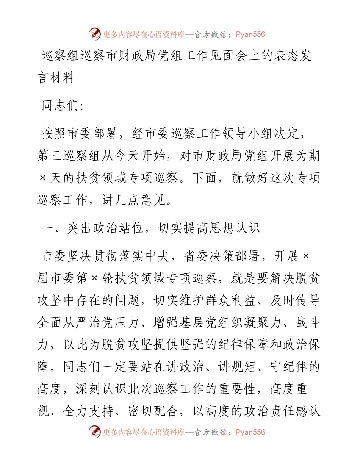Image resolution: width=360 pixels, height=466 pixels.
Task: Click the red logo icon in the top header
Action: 95,34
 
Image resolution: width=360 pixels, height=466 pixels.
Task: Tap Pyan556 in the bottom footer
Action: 250,432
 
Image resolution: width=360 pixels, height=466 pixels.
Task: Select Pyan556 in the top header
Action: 250,34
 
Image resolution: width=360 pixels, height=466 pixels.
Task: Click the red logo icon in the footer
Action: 95,432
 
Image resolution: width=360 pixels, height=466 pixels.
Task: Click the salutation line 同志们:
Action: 63,106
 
